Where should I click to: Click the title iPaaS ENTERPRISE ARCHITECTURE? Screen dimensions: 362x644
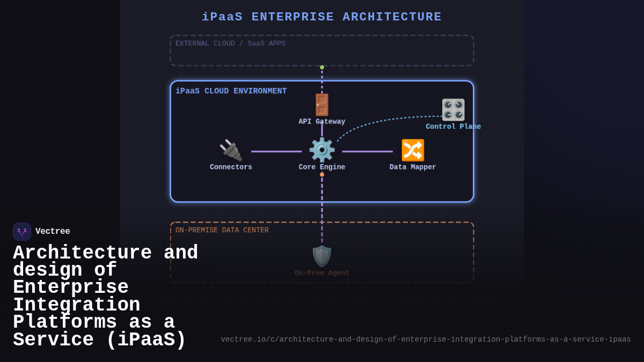click(x=321, y=17)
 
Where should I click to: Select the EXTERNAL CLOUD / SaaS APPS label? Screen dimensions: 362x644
click(x=230, y=43)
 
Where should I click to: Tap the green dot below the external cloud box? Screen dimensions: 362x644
click(x=322, y=68)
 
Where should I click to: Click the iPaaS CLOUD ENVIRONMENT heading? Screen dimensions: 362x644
click(x=231, y=91)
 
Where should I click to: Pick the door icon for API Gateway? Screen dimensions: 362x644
click(x=322, y=105)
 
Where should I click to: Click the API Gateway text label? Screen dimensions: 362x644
click(x=322, y=122)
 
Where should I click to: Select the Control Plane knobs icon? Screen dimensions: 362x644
click(x=453, y=109)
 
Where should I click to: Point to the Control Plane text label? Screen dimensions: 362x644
click(x=453, y=127)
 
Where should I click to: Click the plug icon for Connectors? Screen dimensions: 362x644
click(x=231, y=150)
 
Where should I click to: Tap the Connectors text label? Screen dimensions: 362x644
click(x=231, y=167)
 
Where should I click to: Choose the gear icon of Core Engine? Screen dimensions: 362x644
click(x=322, y=150)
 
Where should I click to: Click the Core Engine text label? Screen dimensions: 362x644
click(x=322, y=167)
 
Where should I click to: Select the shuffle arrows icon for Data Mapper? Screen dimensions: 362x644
click(x=413, y=150)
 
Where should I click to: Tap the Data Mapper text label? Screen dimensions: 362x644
click(x=413, y=167)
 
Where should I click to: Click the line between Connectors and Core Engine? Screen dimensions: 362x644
click(x=276, y=151)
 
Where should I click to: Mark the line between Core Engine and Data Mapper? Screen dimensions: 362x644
click(x=368, y=151)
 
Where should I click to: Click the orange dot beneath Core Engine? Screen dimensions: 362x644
click(x=322, y=174)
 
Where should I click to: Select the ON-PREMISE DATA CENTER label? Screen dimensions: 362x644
click(x=222, y=230)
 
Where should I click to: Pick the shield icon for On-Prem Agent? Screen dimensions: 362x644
click(x=322, y=256)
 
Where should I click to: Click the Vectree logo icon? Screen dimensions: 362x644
click(x=22, y=232)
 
